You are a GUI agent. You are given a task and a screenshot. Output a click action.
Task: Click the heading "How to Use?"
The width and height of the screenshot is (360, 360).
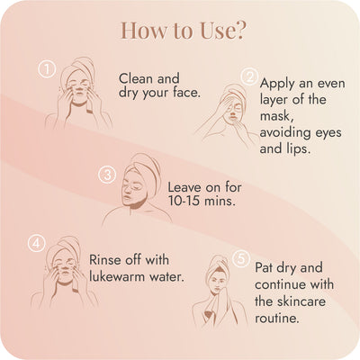point(180,30)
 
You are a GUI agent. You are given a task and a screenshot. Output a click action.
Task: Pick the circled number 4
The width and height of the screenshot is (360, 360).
point(37,242)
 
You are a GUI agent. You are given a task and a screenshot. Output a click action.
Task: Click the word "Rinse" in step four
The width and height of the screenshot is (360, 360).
point(108,259)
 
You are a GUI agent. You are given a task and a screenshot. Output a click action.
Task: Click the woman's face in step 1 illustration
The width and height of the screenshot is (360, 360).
point(79,93)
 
